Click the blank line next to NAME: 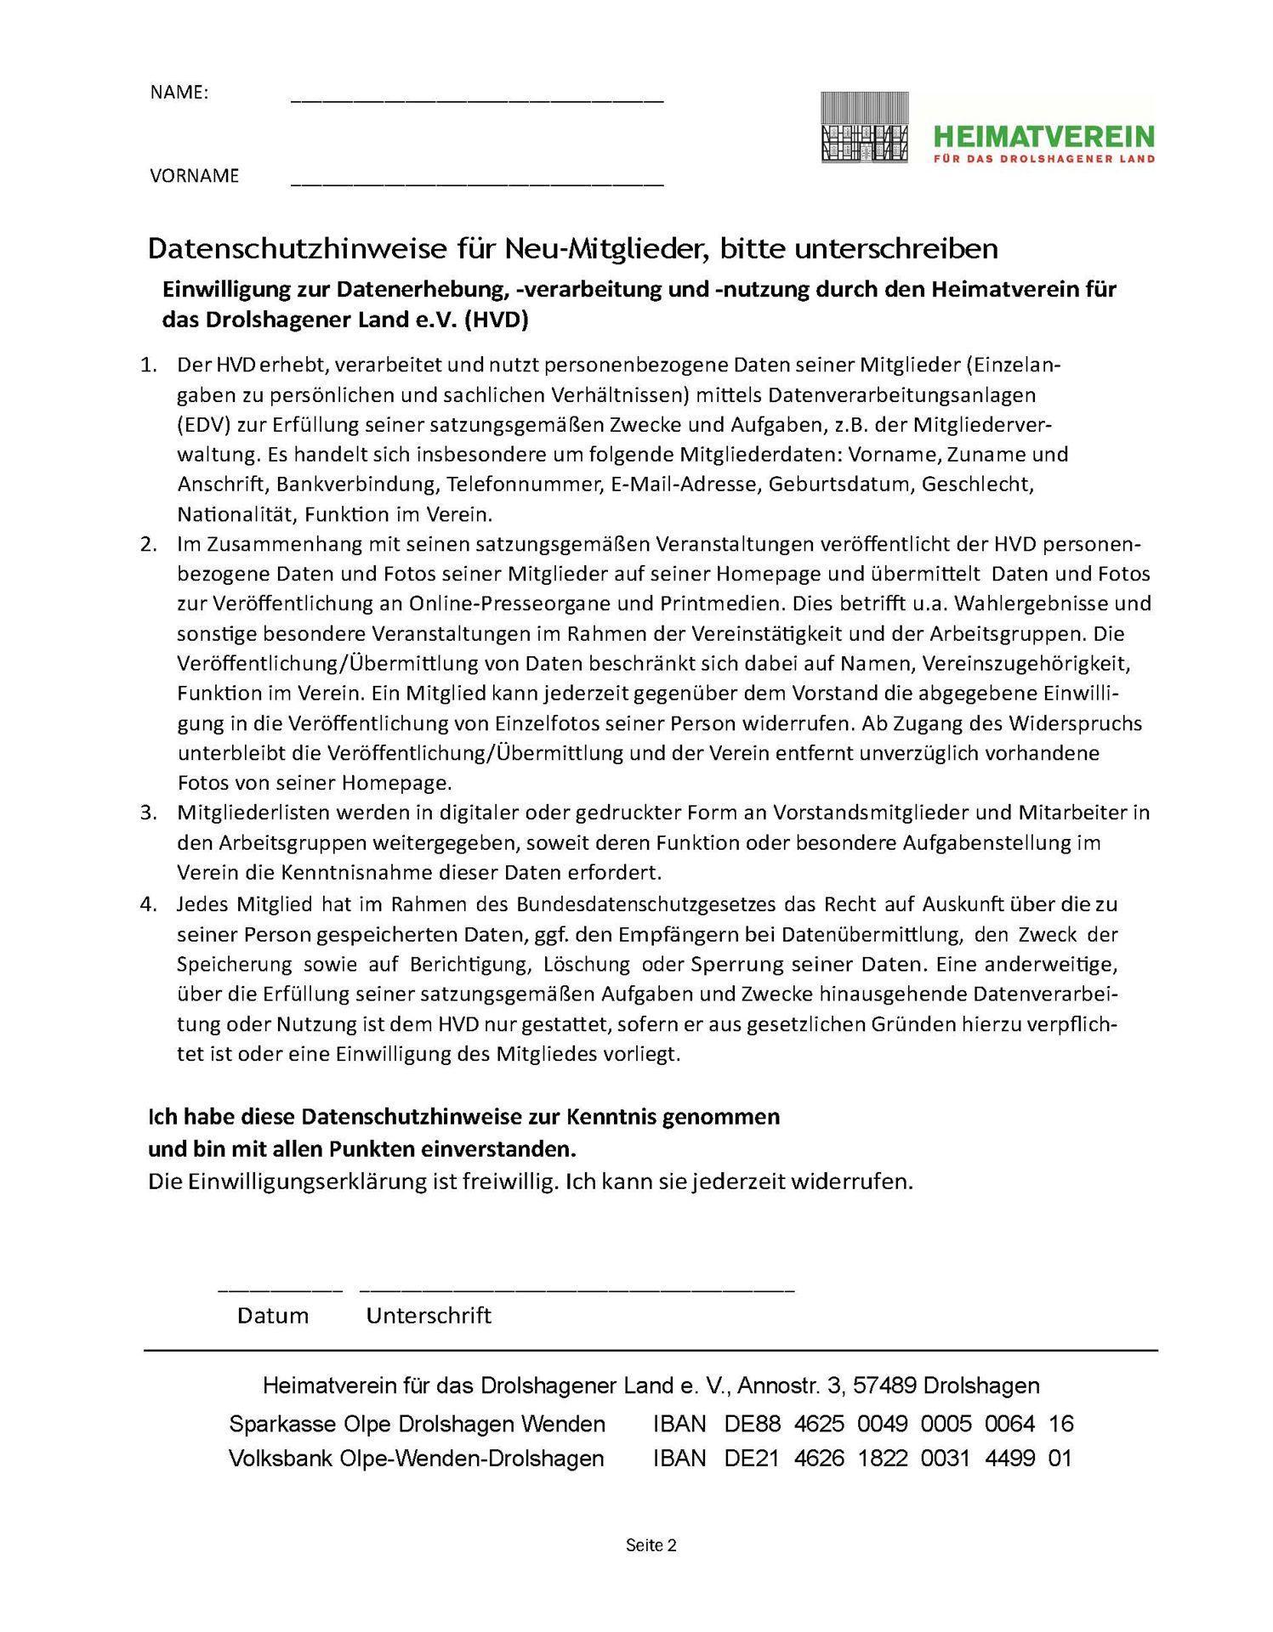click(x=476, y=100)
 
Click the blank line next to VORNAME click(x=476, y=183)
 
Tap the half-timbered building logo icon click(x=864, y=127)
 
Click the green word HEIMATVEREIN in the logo click(x=1043, y=136)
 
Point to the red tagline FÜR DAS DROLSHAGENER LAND click(x=1043, y=159)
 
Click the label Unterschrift click(x=429, y=1316)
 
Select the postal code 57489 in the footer click(x=884, y=1386)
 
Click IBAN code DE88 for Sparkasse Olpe click(x=752, y=1424)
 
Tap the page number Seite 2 click(x=651, y=1545)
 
